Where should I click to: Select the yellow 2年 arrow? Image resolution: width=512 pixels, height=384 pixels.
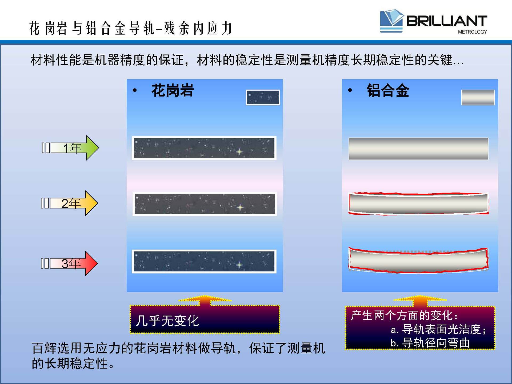(x=69, y=203)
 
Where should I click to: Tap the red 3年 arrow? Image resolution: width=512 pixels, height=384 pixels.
(x=69, y=263)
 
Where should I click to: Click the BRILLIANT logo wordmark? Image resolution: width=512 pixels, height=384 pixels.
(x=447, y=21)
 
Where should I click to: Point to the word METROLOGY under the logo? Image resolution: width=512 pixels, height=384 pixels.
(x=472, y=32)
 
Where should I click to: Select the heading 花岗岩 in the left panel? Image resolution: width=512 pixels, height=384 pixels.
(x=173, y=90)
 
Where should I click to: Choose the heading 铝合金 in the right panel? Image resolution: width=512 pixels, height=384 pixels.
(x=388, y=90)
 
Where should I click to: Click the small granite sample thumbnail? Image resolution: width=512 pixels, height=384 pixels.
(x=263, y=97)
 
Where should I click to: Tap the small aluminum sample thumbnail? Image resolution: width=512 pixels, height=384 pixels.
(x=478, y=97)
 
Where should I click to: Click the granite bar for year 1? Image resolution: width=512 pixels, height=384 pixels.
(x=204, y=148)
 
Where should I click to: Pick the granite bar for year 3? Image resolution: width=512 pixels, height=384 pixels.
(x=204, y=261)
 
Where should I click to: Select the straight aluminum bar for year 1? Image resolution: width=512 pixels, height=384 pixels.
(x=418, y=149)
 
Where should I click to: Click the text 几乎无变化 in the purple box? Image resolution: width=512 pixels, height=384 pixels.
(x=167, y=321)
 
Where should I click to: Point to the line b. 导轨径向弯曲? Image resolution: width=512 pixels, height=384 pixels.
(x=430, y=343)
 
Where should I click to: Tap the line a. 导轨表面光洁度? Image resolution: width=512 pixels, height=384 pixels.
(x=438, y=329)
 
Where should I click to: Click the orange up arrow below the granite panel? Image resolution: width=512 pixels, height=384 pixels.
(x=205, y=300)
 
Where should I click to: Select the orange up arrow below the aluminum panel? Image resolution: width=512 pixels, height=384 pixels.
(x=420, y=301)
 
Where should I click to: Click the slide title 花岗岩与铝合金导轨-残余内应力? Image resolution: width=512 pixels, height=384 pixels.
(x=131, y=28)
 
